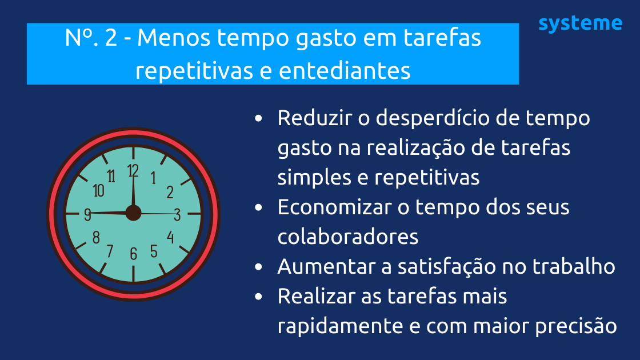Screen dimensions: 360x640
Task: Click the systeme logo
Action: click(x=580, y=23)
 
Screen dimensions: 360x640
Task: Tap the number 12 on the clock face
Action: click(x=133, y=170)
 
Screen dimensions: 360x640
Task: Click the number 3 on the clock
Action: click(x=177, y=214)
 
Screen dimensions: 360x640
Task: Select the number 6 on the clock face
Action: click(x=134, y=254)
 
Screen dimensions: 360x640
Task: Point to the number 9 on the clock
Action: click(x=87, y=215)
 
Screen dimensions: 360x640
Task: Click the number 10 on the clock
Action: click(x=98, y=191)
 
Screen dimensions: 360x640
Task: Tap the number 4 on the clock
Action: click(x=170, y=237)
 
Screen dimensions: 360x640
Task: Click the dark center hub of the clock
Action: click(x=133, y=213)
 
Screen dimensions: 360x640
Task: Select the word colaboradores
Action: click(x=348, y=237)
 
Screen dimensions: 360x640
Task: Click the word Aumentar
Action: click(x=319, y=266)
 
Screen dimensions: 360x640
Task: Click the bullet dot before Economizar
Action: click(x=259, y=207)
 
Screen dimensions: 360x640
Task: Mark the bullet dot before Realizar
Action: click(x=259, y=297)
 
